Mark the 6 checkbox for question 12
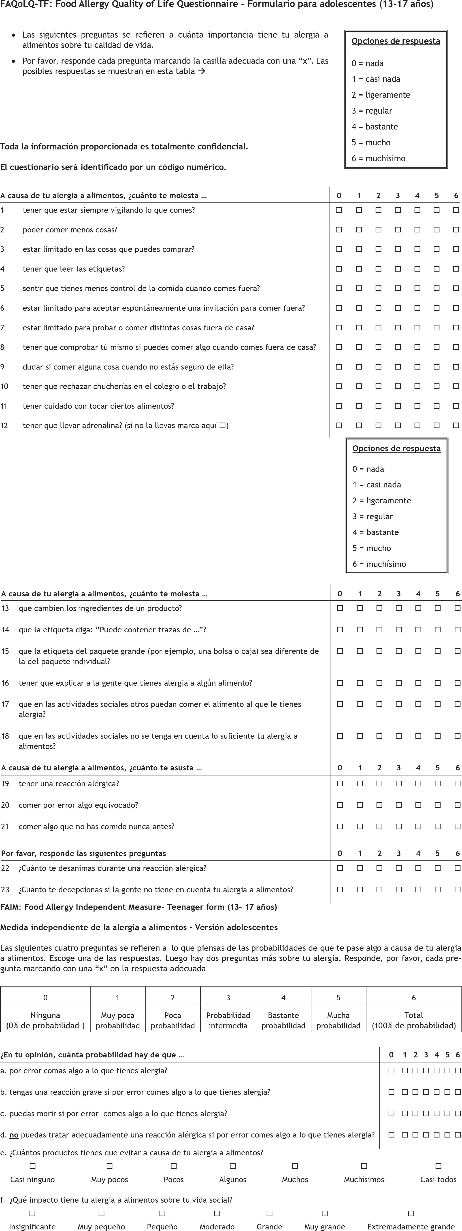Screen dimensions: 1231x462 [456, 425]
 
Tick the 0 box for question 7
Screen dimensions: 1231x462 [339, 328]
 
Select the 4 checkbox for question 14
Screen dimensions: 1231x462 [418, 630]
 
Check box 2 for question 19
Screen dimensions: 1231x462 [379, 784]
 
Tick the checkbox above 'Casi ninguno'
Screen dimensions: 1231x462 [32, 1167]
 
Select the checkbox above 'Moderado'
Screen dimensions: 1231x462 [217, 1213]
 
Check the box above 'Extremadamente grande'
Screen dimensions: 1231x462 [411, 1213]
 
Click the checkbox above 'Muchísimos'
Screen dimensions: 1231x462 [364, 1167]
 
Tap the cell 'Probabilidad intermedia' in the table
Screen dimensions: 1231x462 [228, 1020]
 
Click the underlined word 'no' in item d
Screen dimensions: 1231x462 [14, 1135]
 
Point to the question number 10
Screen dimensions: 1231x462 [4, 386]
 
